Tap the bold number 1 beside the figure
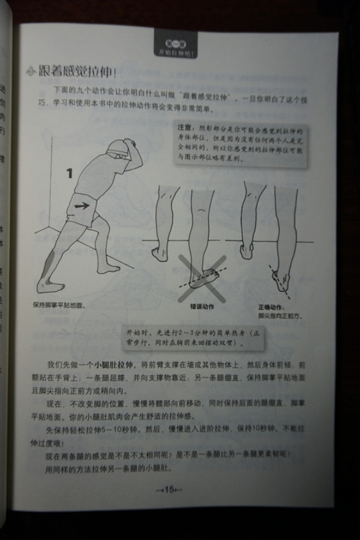tap(69, 173)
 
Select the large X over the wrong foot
tap(202, 277)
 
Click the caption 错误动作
tap(202, 307)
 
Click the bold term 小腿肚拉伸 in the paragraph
tap(112, 364)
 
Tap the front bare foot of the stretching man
tap(110, 268)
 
